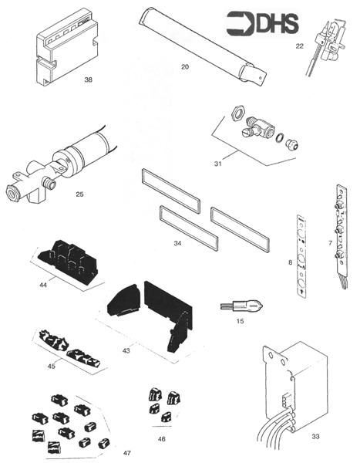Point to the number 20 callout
click(184, 67)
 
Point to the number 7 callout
click(331, 242)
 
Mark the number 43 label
click(126, 350)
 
